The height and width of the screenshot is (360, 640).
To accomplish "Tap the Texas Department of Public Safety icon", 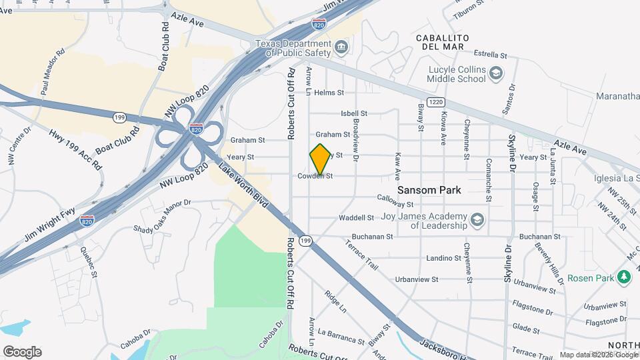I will (341, 46).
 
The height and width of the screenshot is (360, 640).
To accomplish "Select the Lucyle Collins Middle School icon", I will (495, 73).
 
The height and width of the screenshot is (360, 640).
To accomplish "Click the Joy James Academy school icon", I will (477, 219).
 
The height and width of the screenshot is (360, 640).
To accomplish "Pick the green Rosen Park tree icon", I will (624, 276).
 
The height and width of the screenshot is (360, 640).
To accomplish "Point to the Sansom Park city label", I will (429, 190).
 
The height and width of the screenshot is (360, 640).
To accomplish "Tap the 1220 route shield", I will (436, 101).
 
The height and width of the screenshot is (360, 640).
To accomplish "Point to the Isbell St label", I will (353, 114).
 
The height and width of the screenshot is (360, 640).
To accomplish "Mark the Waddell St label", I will (357, 218).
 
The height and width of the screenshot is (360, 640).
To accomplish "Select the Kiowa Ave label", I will (443, 127).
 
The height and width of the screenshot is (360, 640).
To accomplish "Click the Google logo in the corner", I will (22, 351).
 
